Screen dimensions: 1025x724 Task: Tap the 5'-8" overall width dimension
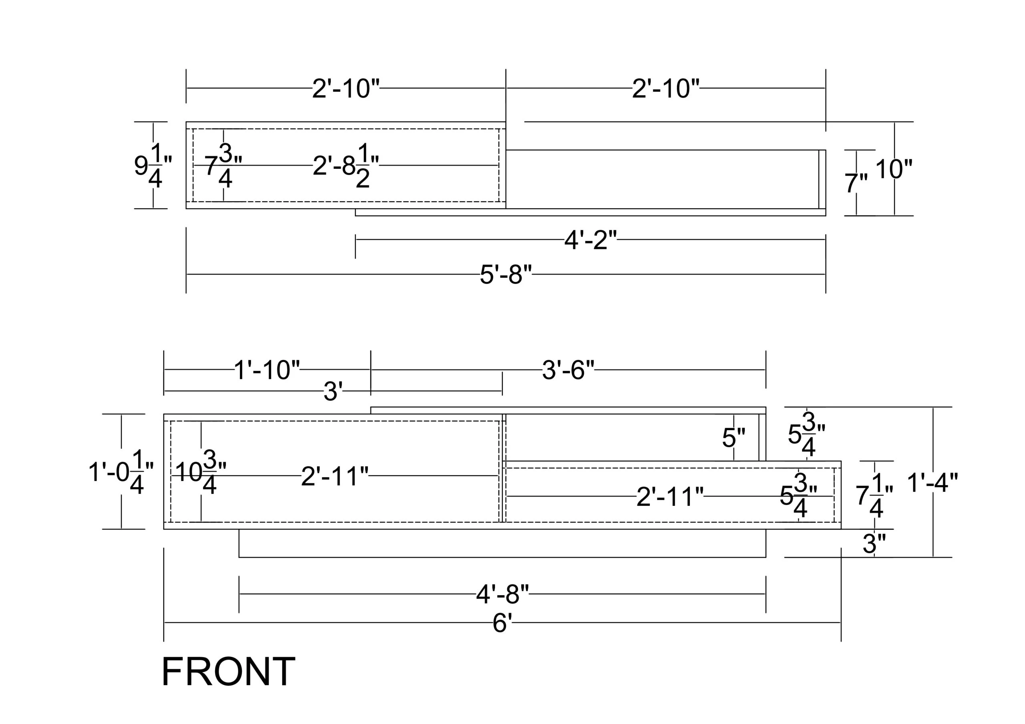point(506,275)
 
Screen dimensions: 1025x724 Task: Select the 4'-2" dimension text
point(591,240)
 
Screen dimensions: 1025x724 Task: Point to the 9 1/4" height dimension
point(153,165)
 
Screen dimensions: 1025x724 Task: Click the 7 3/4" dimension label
point(223,165)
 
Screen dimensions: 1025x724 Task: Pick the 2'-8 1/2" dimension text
point(346,165)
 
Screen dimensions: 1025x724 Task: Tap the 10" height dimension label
point(894,169)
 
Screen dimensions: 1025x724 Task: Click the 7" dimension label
point(856,183)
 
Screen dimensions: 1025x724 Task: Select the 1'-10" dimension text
point(267,370)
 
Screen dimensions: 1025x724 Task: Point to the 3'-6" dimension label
point(568,370)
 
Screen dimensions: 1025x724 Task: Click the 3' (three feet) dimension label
point(333,392)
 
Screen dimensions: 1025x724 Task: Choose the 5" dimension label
point(734,438)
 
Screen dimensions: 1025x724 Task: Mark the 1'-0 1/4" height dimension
point(121,472)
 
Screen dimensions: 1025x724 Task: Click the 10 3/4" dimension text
point(201,472)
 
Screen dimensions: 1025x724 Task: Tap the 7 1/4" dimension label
point(874,495)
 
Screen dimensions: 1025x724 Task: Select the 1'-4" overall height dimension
point(933,483)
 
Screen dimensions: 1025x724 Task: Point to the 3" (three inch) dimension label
point(874,544)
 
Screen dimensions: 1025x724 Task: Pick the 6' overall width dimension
point(502,623)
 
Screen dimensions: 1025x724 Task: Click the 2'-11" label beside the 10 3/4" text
point(335,476)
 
